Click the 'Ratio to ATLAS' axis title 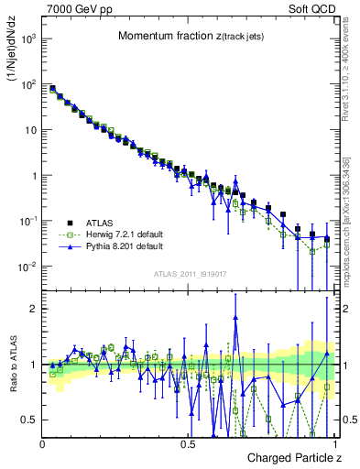coord(12,365)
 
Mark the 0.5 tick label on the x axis coord(188,444)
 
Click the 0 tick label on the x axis coord(43,444)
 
